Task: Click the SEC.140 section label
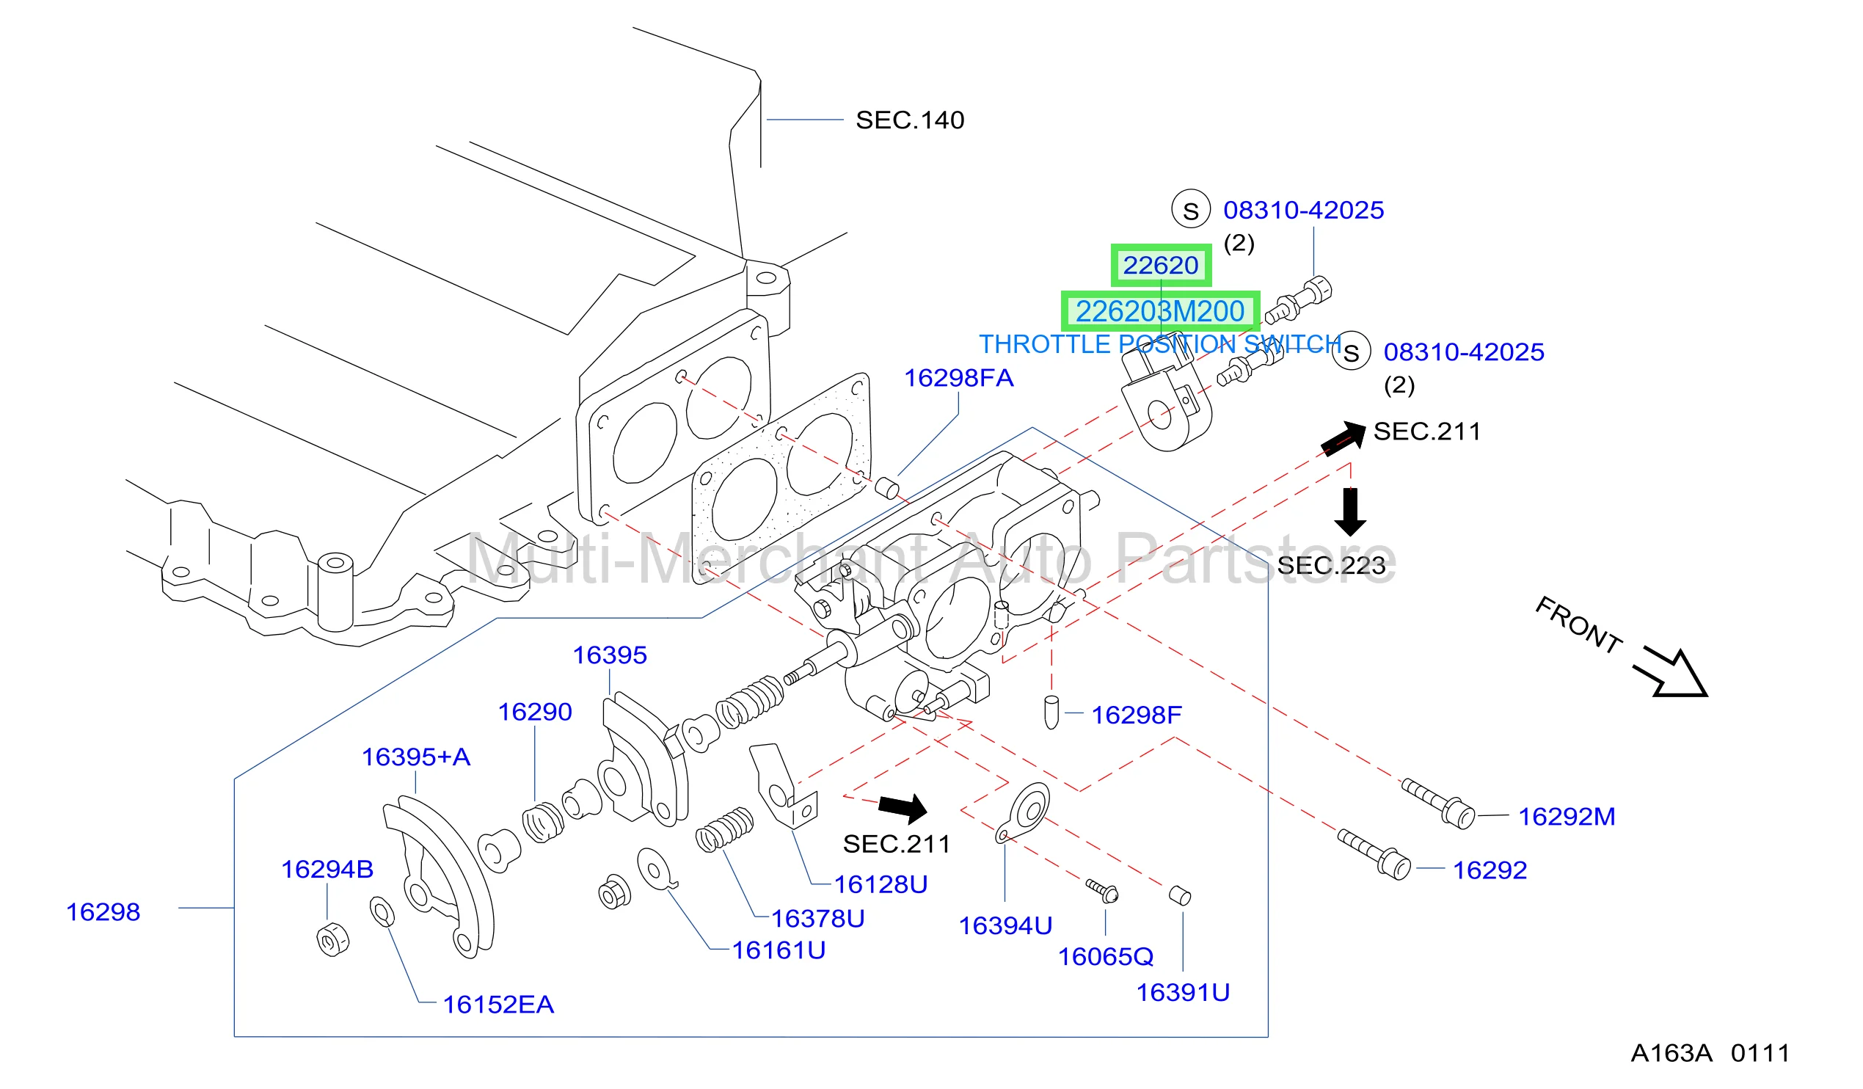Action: [909, 120]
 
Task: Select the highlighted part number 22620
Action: [1161, 266]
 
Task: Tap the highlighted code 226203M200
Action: [1160, 311]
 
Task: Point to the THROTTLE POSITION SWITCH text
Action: [1160, 344]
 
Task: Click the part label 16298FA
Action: [959, 379]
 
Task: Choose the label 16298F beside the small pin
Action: [1137, 715]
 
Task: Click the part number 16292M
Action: [1567, 817]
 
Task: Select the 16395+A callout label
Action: [415, 757]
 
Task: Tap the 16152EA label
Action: [498, 1005]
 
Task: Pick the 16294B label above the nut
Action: [327, 870]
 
